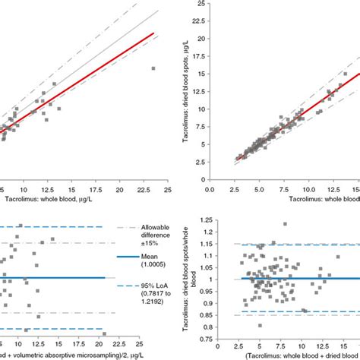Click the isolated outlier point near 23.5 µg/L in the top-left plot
click(x=153, y=68)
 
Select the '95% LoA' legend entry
click(x=146, y=306)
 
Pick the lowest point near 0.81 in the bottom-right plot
click(x=261, y=326)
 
